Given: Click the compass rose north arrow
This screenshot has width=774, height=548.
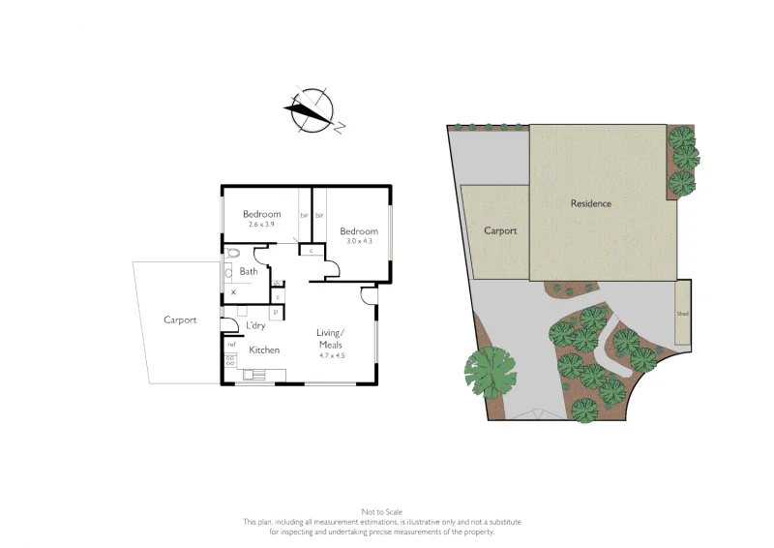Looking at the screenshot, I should (x=313, y=109).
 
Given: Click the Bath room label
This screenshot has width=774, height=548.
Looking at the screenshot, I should (x=249, y=271).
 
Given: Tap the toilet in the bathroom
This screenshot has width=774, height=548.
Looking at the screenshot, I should (x=236, y=256).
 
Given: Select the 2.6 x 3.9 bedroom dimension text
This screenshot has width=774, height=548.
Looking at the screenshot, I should (x=261, y=225).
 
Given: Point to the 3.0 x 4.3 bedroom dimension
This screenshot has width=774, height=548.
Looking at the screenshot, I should (x=358, y=241).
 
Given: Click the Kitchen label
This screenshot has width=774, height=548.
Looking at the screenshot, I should (x=264, y=350).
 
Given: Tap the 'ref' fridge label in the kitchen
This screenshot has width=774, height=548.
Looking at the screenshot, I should (x=231, y=344).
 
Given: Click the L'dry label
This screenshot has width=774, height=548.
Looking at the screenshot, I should (x=255, y=325).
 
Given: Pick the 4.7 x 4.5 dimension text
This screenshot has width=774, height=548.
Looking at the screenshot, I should (x=331, y=355).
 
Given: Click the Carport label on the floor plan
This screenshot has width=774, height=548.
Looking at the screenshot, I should (x=180, y=320).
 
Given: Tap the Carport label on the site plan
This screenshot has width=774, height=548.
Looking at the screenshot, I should (x=500, y=230).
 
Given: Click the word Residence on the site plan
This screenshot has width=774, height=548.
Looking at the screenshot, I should (x=591, y=203).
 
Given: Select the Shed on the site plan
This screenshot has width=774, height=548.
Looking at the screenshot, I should (x=683, y=313).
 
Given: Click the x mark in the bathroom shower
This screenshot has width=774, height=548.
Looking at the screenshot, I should (x=233, y=290).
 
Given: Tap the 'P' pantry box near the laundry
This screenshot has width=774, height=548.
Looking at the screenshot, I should (x=276, y=312).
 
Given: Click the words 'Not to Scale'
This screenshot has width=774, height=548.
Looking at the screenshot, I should (x=381, y=511).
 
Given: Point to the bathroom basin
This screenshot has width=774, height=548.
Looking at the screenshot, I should (x=229, y=273).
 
